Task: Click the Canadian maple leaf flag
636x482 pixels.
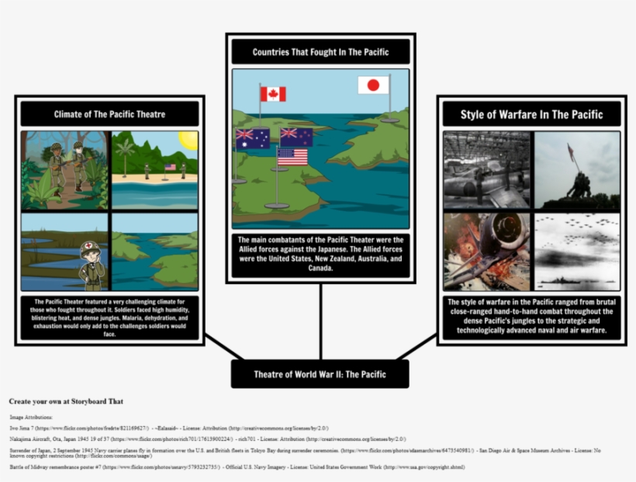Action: [x=273, y=94]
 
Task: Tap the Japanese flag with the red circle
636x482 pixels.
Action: [x=373, y=85]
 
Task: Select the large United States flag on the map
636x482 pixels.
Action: [x=292, y=157]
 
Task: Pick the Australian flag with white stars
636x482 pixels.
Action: [x=253, y=138]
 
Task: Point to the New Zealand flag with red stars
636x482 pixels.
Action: [x=296, y=137]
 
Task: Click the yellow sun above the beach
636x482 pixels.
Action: [x=188, y=140]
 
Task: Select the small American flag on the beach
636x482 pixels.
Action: [x=170, y=167]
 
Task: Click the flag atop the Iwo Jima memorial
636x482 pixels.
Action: [x=572, y=152]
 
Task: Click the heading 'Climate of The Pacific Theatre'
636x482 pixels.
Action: [x=109, y=114]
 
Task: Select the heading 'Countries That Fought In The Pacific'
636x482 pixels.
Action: [x=320, y=52]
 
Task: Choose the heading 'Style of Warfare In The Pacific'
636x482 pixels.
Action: [x=531, y=115]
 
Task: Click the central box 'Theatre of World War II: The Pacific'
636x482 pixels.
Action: [x=320, y=374]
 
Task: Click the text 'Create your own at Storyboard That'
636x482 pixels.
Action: [x=66, y=401]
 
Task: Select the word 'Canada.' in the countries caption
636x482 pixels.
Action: [x=320, y=269]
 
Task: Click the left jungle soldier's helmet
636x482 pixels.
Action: [x=55, y=146]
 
